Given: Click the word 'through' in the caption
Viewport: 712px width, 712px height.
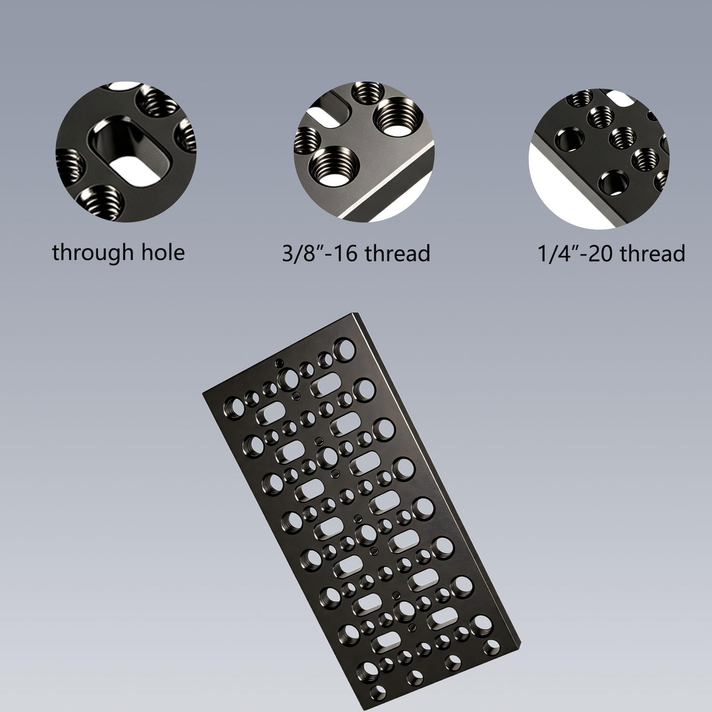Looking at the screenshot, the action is tap(93, 253).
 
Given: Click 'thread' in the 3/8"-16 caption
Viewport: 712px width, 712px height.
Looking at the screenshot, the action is tap(398, 253).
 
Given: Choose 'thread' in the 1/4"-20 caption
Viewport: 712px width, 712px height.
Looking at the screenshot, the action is tap(653, 253).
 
